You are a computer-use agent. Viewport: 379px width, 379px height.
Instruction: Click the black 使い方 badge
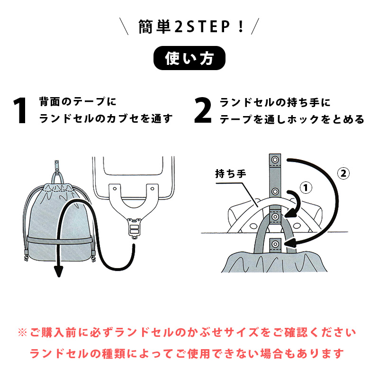coord(189,59)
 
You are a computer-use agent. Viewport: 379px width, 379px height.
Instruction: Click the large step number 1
coord(20,111)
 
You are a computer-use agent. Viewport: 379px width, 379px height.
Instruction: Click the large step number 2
coord(203,111)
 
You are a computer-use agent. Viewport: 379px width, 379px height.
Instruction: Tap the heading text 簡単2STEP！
coord(189,26)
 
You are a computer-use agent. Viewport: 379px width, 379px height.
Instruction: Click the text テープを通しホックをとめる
coord(292,119)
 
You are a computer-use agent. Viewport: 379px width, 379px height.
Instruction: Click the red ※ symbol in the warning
coord(23,332)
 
